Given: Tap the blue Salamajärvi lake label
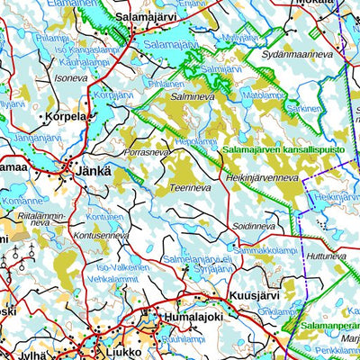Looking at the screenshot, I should [x=169, y=44].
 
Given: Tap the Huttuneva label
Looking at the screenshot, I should [x=327, y=256].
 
